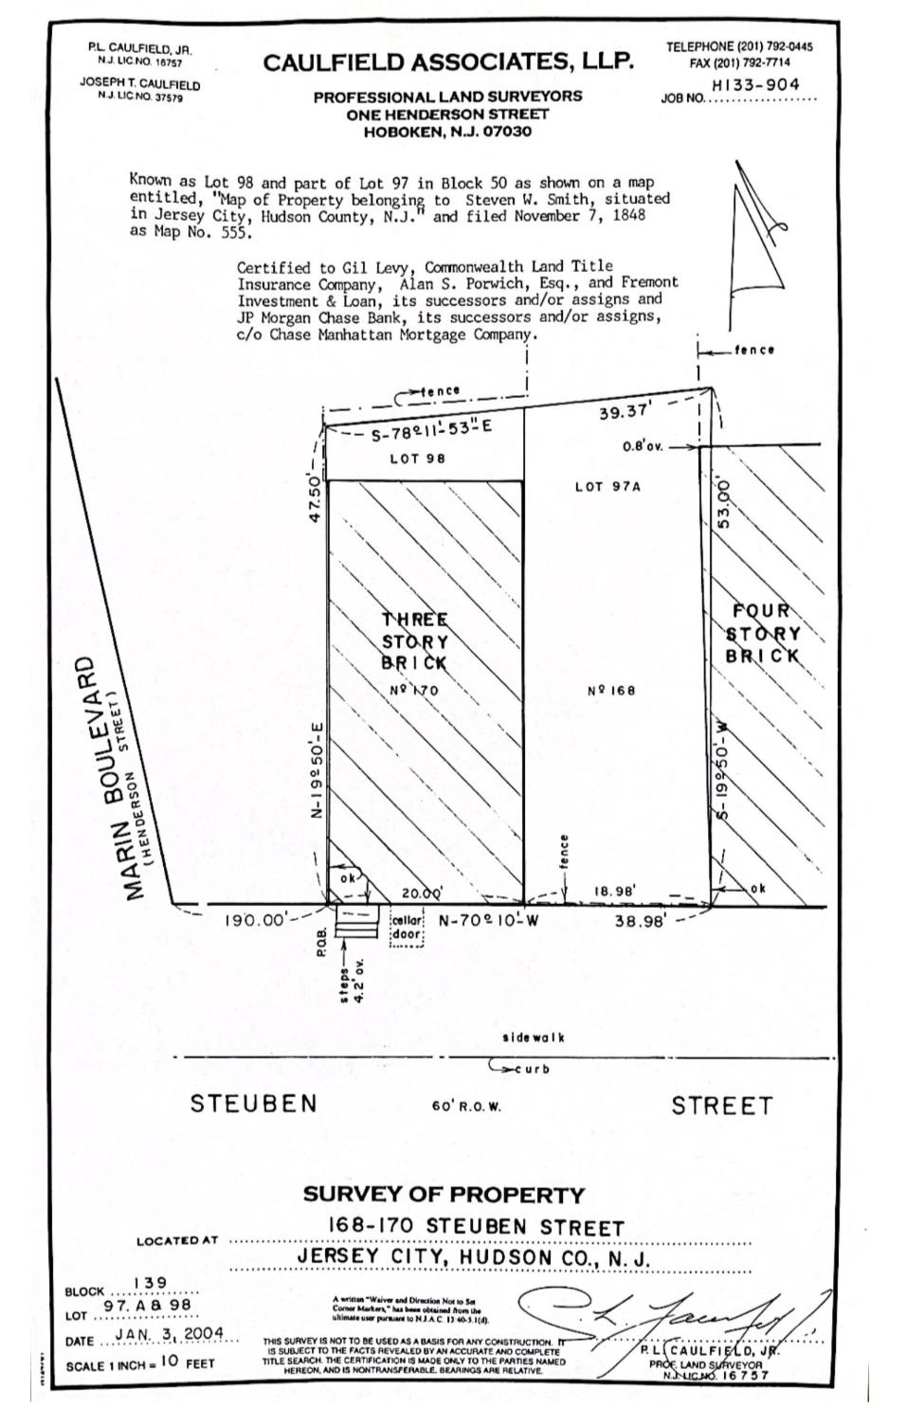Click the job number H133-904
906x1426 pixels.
pos(754,84)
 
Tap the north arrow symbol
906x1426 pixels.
pos(757,241)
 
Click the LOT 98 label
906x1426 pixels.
pos(417,459)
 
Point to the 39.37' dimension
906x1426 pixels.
pos(626,411)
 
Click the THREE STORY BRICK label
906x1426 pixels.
pos(414,641)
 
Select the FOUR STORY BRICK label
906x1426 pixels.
pos(763,633)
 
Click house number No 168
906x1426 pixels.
pos(611,690)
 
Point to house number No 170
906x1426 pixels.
pos(414,690)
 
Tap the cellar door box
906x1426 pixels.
pos(407,929)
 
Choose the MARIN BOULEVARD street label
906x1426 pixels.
pos(104,777)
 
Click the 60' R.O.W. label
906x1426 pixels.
pos(466,1106)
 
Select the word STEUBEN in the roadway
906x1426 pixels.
pos(254,1104)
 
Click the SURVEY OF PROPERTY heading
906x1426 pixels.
pos(444,1194)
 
